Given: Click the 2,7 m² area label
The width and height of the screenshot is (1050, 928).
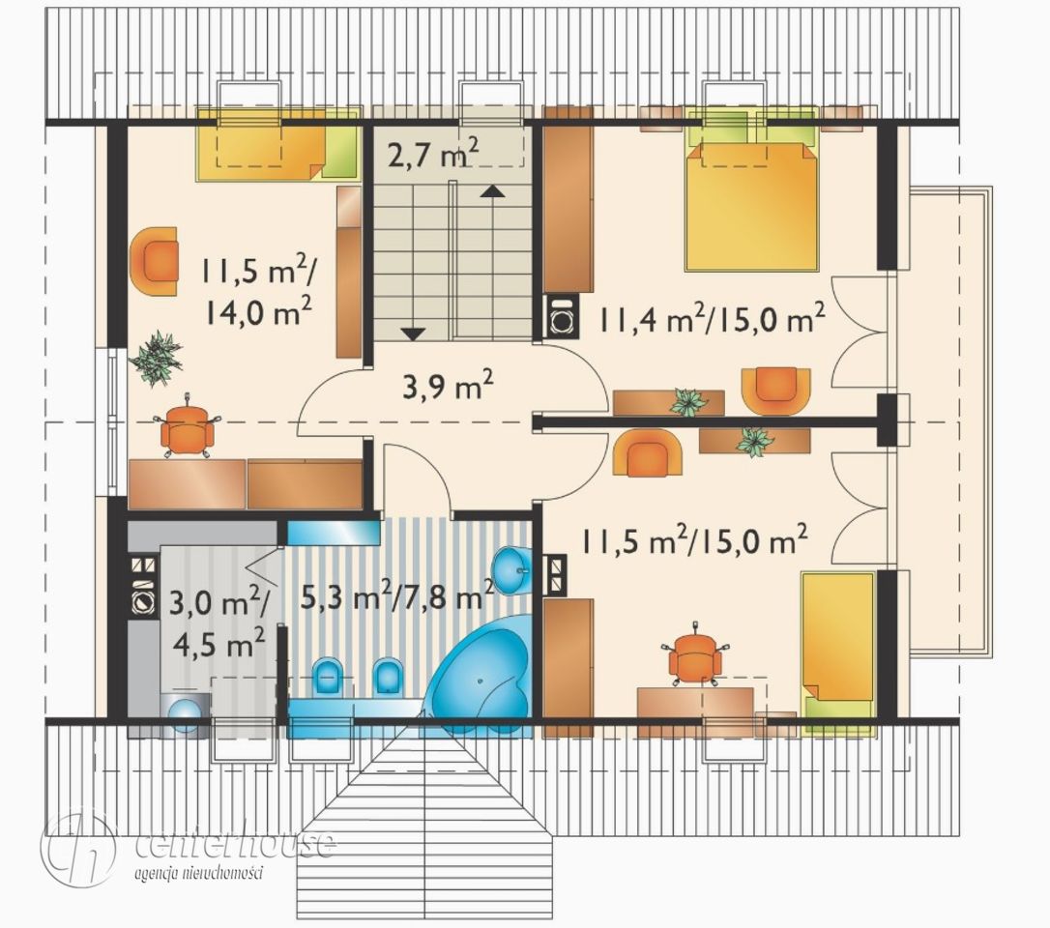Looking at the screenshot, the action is [432, 156].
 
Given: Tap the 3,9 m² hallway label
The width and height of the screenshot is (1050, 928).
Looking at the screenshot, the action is [448, 387].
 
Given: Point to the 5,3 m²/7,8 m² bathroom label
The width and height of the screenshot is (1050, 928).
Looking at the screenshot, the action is [397, 594].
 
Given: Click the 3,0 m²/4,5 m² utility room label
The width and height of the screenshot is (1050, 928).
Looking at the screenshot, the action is [219, 623].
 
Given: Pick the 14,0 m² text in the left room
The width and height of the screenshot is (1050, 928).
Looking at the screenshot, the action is [258, 310].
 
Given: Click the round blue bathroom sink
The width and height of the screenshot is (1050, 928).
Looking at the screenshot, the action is [512, 568].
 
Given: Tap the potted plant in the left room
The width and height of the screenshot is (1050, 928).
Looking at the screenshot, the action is [156, 358].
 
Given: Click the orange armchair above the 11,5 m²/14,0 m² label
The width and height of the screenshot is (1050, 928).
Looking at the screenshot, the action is [155, 261].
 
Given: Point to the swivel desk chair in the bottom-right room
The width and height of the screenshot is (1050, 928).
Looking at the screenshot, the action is [695, 654].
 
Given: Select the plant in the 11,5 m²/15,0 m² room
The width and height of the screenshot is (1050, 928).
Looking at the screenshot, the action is [755, 442].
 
